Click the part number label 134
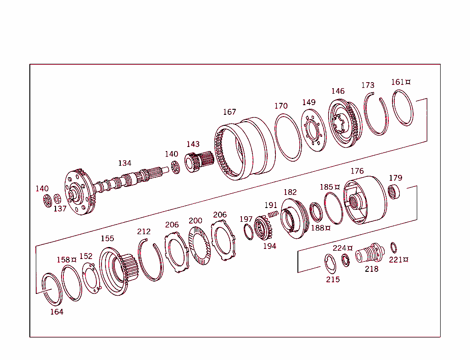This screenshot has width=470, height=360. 124,163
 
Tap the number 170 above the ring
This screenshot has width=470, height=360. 281,106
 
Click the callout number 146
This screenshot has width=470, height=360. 338,91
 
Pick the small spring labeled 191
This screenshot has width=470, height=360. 274,214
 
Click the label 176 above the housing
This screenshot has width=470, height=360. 357,171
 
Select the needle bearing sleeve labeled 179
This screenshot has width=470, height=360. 394,191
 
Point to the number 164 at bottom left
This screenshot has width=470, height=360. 57,312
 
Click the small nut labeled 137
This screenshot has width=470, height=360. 57,199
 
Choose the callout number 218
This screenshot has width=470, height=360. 371,269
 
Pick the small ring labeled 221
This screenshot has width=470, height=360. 393,247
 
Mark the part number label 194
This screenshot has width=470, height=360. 269,246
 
